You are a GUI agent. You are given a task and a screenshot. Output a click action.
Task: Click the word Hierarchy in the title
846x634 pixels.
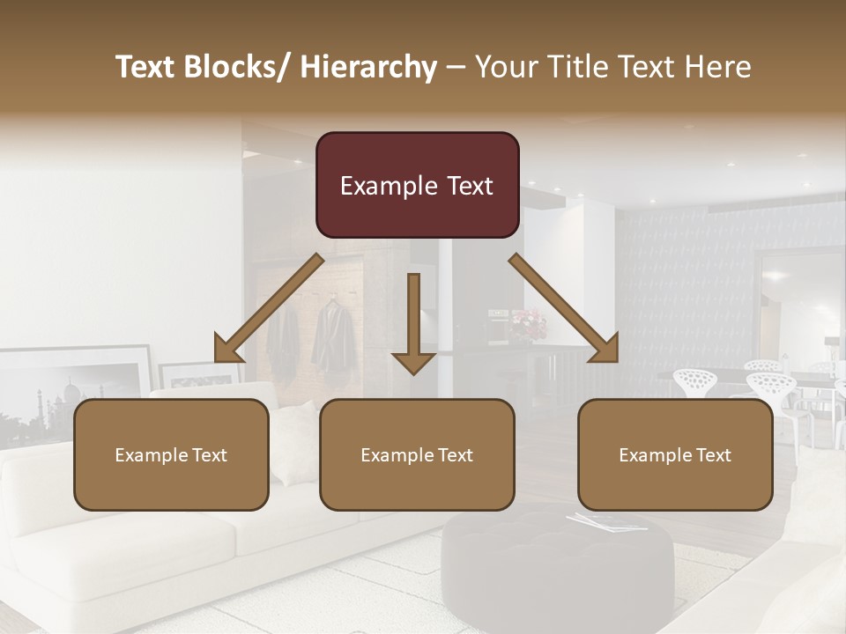coord(368,67)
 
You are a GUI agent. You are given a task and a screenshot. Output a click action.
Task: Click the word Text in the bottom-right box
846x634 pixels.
coord(714,455)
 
